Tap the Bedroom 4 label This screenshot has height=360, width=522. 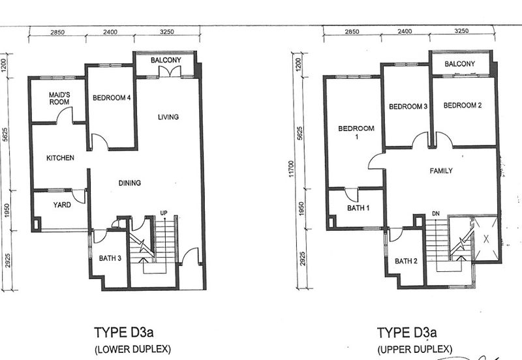pos(112,98)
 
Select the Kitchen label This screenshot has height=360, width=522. pos(59,158)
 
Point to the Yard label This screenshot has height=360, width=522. pos(62,203)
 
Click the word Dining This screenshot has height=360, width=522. pos(130,183)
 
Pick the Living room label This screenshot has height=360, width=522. pos(168,117)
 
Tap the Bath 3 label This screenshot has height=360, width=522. pos(110,258)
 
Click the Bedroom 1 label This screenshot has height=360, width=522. pos(356,133)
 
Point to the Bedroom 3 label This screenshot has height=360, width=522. pos(407,106)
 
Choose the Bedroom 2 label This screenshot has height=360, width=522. pos(462,106)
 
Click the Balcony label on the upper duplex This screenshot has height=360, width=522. pos(459,64)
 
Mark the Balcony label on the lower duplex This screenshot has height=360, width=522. pos(165,60)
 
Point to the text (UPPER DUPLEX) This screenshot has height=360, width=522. pos(414,350)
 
